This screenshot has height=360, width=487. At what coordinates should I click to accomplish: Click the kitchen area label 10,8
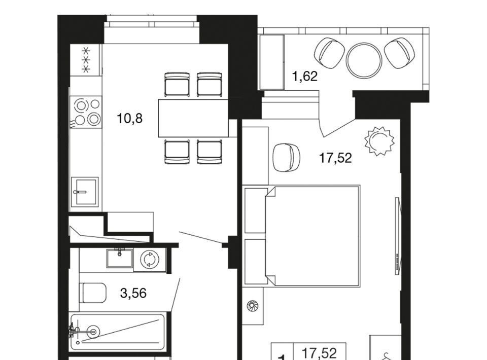tap(129, 118)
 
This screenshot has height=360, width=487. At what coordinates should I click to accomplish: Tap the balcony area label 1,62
tap(305, 76)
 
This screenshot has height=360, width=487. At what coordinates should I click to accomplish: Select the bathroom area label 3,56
tap(133, 293)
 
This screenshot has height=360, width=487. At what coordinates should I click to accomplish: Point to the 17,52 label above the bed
tap(335, 158)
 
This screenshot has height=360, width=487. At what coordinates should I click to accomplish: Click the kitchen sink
tap(85, 192)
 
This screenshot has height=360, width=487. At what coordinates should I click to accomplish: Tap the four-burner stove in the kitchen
tap(86, 112)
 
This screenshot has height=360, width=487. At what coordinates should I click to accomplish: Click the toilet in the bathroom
tap(93, 293)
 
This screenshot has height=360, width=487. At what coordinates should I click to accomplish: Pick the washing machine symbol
tap(149, 260)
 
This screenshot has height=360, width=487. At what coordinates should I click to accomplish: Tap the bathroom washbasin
tap(120, 258)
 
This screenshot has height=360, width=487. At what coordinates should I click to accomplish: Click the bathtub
tap(117, 332)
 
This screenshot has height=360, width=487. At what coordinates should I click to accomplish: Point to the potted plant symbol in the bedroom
tap(379, 140)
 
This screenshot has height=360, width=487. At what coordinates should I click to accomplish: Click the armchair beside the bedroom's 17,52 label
tap(286, 157)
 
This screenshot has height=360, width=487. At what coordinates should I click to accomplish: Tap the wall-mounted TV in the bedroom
tap(398, 236)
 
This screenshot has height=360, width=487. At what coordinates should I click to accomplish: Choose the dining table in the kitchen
tap(193, 118)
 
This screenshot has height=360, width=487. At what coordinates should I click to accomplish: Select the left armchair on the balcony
tap(329, 53)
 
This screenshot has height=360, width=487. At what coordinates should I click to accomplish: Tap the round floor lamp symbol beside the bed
tap(251, 306)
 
